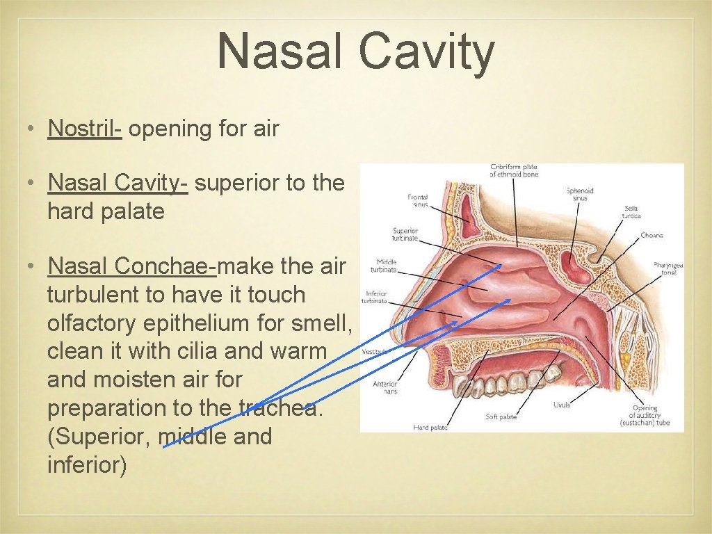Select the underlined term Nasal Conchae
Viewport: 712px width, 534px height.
click(x=131, y=266)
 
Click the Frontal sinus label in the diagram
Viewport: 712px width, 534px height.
click(x=418, y=201)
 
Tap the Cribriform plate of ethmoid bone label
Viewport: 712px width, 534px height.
click(x=514, y=170)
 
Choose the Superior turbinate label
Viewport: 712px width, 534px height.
click(x=405, y=234)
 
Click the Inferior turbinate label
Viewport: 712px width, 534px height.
click(x=375, y=297)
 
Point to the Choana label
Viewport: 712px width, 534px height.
click(x=652, y=235)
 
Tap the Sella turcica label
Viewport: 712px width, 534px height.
click(x=631, y=211)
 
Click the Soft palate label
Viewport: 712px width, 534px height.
click(x=501, y=416)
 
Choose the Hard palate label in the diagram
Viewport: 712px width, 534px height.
click(x=430, y=427)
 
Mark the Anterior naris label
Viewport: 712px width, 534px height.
click(x=385, y=387)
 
